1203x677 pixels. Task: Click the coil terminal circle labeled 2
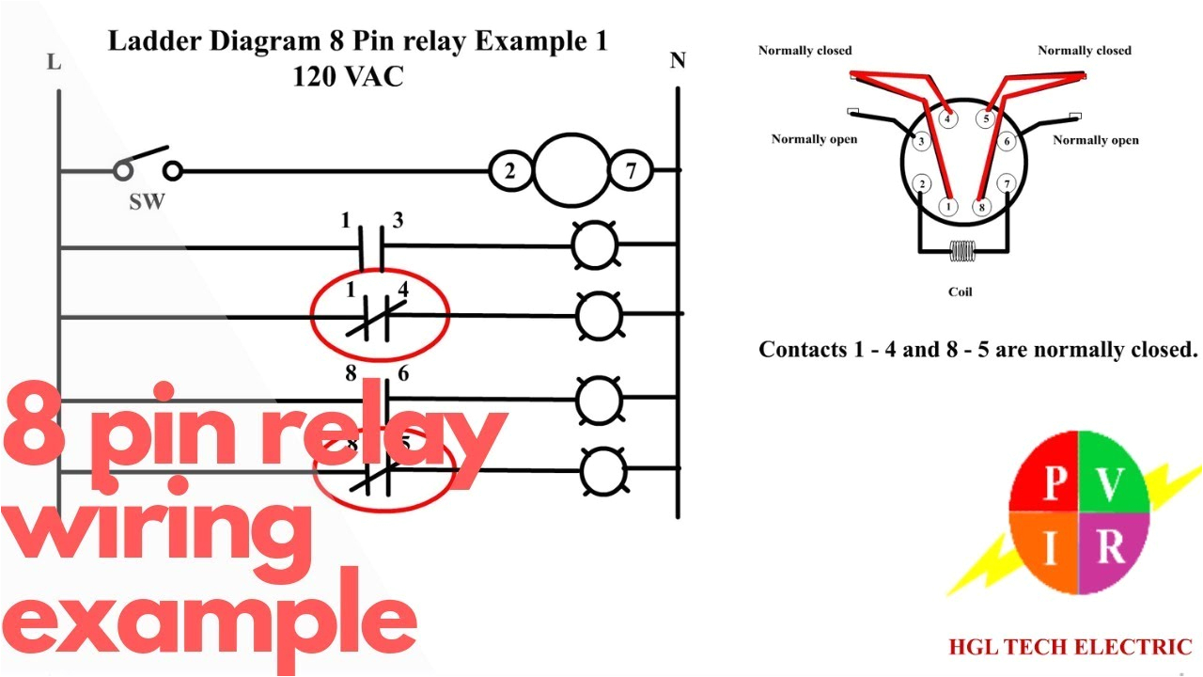point(509,171)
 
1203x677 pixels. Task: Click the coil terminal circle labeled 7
point(631,171)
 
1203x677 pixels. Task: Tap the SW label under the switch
point(146,202)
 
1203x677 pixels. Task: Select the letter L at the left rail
point(54,63)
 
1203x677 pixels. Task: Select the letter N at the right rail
point(677,61)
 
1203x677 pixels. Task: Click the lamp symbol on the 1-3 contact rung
point(595,244)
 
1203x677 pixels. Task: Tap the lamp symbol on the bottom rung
point(601,470)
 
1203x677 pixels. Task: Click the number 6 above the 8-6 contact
point(402,373)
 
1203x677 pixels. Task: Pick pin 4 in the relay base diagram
point(947,119)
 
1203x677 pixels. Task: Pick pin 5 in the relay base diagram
point(986,119)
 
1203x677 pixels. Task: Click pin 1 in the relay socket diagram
point(949,206)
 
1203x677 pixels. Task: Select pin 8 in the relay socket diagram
point(982,206)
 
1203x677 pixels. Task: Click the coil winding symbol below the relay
point(961,252)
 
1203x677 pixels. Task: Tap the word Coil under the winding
point(960,291)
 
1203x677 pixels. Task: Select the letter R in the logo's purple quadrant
point(1111,547)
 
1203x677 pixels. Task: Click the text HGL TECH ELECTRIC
point(1070,647)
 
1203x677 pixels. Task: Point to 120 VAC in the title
point(348,77)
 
